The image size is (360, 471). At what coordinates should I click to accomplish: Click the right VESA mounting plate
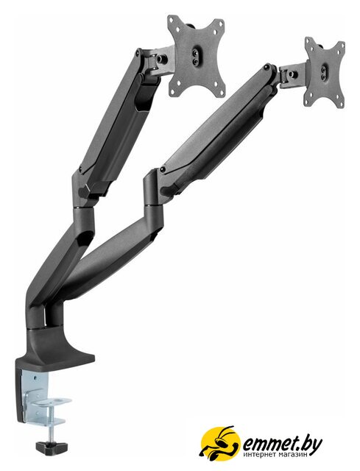pyautogui.click(x=324, y=72)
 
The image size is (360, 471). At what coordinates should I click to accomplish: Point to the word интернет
pyautogui.click(x=262, y=455)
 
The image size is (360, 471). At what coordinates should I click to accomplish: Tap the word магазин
pyautogui.click(x=295, y=455)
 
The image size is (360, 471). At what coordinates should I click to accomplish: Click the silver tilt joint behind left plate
pyautogui.click(x=159, y=61)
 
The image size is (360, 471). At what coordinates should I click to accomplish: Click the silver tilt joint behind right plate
pyautogui.click(x=293, y=74)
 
